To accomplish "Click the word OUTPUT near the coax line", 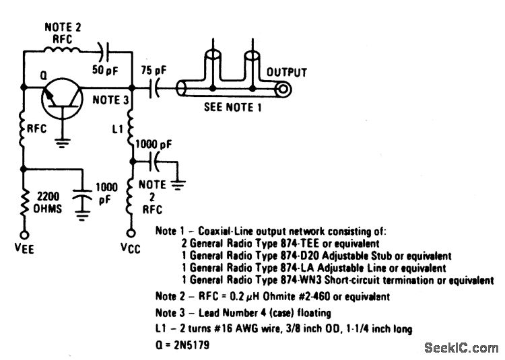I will [286, 72].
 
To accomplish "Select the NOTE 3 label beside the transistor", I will [111, 99].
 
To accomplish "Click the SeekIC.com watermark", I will [461, 347].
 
